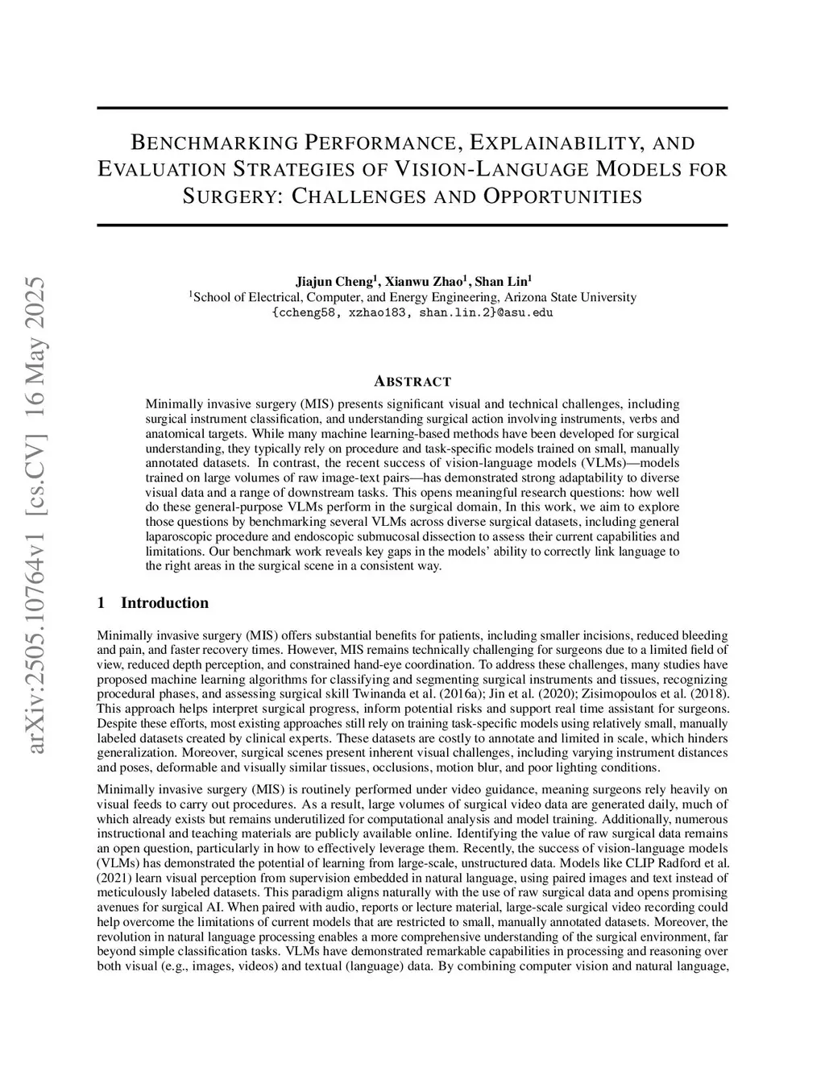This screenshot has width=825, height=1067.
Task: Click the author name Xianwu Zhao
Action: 425,282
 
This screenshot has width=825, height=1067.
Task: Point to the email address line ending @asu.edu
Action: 412,312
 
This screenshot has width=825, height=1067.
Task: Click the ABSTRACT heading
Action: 412,382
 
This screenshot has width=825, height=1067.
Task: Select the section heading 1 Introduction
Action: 152,603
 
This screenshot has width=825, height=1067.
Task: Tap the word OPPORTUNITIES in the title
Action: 563,196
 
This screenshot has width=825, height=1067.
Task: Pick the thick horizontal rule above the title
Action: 412,108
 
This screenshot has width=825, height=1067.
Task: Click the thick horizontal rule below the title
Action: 412,225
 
